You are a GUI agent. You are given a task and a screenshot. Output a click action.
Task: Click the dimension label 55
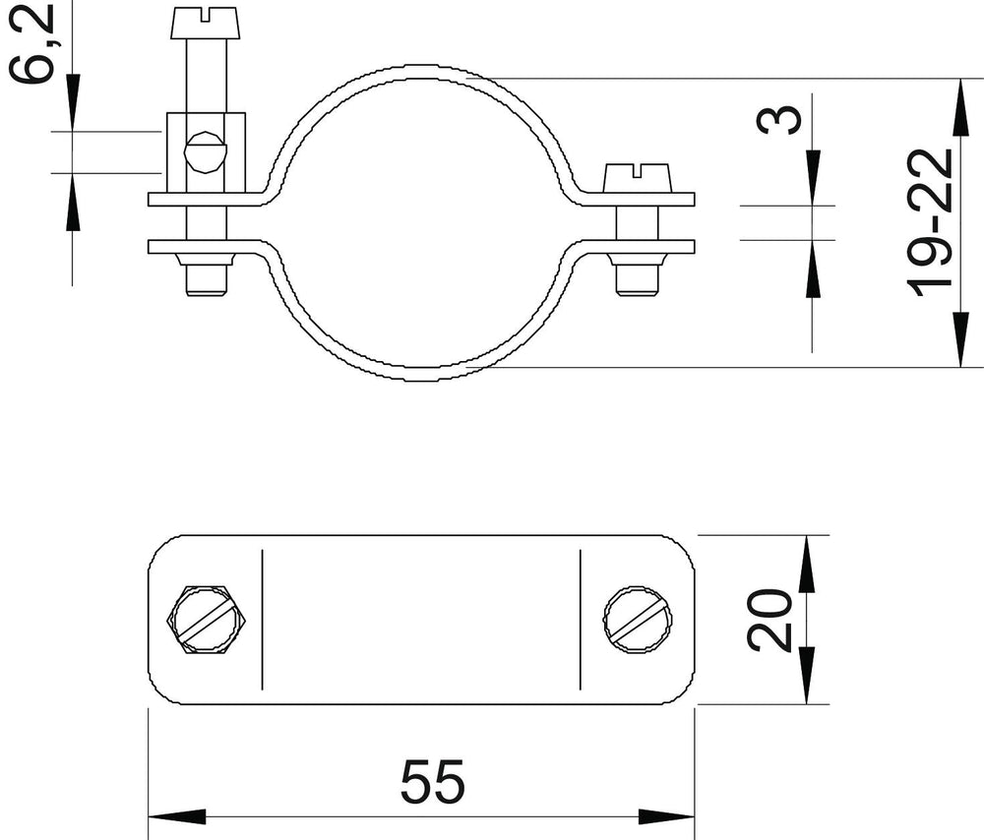433,781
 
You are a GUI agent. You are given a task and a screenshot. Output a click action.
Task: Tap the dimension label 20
769,620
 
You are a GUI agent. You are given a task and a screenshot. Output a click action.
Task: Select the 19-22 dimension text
931,222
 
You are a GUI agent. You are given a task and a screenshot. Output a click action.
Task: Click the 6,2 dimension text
31,42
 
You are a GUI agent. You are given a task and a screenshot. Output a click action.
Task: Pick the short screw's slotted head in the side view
638,178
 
